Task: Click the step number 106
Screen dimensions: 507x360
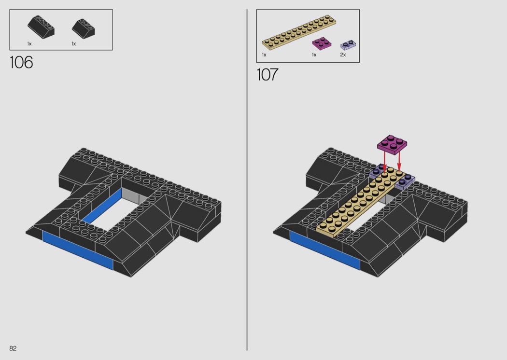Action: coord(21,62)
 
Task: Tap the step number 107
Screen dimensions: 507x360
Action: coord(268,74)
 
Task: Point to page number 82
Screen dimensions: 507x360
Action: coord(13,348)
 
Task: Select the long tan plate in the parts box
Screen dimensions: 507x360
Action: coord(299,32)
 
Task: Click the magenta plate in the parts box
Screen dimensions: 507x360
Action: coord(322,43)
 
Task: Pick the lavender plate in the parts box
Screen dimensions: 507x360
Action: coord(348,45)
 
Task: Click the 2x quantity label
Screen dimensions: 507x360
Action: coord(343,55)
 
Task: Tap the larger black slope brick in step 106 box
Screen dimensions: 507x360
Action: coord(41,27)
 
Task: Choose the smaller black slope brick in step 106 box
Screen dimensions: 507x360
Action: coord(84,29)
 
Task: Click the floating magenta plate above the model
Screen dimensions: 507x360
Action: coord(392,144)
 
